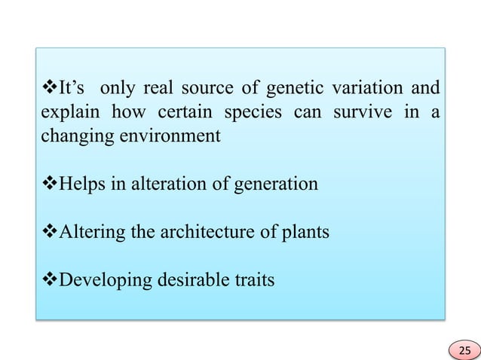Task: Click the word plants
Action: point(305,233)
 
